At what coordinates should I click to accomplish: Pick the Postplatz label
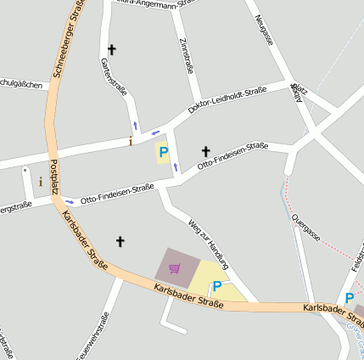54,177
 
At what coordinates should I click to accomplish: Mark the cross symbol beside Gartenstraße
112,50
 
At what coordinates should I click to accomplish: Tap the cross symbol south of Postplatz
120,242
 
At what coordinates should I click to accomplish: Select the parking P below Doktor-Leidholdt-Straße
164,153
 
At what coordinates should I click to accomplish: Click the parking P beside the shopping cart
216,287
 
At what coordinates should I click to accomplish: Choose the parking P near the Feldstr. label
350,298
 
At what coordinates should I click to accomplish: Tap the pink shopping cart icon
175,268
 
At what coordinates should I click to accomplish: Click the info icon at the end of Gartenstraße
130,141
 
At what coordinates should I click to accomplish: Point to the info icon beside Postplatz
40,181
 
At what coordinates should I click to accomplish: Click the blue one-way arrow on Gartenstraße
134,127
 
